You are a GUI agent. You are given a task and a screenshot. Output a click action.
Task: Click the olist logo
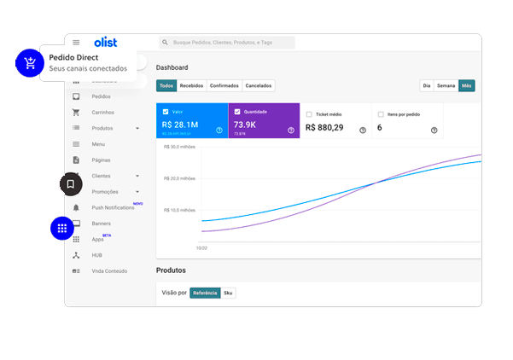click(106, 42)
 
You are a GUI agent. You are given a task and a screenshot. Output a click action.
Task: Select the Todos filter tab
click(166, 85)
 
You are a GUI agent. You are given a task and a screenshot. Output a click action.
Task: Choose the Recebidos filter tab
click(191, 85)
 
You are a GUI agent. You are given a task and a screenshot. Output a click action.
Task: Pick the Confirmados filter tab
click(224, 85)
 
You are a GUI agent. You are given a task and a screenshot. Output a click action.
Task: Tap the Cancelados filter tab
click(259, 85)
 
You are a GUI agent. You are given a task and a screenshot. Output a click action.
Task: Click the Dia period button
click(426, 85)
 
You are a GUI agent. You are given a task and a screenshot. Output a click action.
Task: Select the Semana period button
click(446, 85)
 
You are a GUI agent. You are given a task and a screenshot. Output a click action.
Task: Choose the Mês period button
click(466, 85)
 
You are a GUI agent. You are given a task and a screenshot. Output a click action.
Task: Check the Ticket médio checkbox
click(309, 113)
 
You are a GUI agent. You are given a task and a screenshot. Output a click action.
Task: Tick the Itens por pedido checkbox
click(381, 113)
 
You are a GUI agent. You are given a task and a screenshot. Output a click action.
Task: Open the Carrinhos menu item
click(102, 112)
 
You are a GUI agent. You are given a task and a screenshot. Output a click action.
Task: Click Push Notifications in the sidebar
click(113, 207)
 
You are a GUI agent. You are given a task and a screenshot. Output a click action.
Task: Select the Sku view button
click(228, 293)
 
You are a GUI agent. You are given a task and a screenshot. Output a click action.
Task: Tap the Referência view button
click(205, 293)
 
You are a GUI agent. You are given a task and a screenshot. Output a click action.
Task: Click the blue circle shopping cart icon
click(30, 62)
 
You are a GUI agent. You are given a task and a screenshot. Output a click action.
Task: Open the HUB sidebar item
click(97, 255)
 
